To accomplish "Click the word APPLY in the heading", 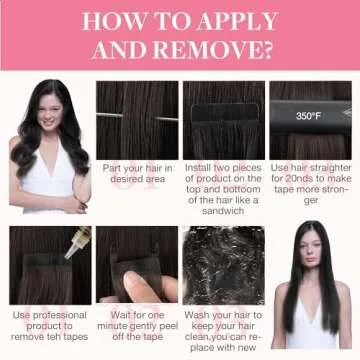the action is [236, 22].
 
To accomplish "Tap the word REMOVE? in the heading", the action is [213, 50].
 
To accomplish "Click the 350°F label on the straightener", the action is [308, 116].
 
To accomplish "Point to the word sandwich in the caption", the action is [223, 211].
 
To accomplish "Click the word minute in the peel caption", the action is [113, 326].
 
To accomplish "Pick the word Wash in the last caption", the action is [195, 315].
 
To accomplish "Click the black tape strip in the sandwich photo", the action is [225, 113].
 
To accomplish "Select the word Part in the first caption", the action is [111, 168].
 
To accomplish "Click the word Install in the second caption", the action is [198, 168].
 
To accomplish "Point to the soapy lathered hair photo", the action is [224, 265].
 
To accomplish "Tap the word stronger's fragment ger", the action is [311, 201].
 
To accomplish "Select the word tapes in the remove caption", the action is [75, 337].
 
